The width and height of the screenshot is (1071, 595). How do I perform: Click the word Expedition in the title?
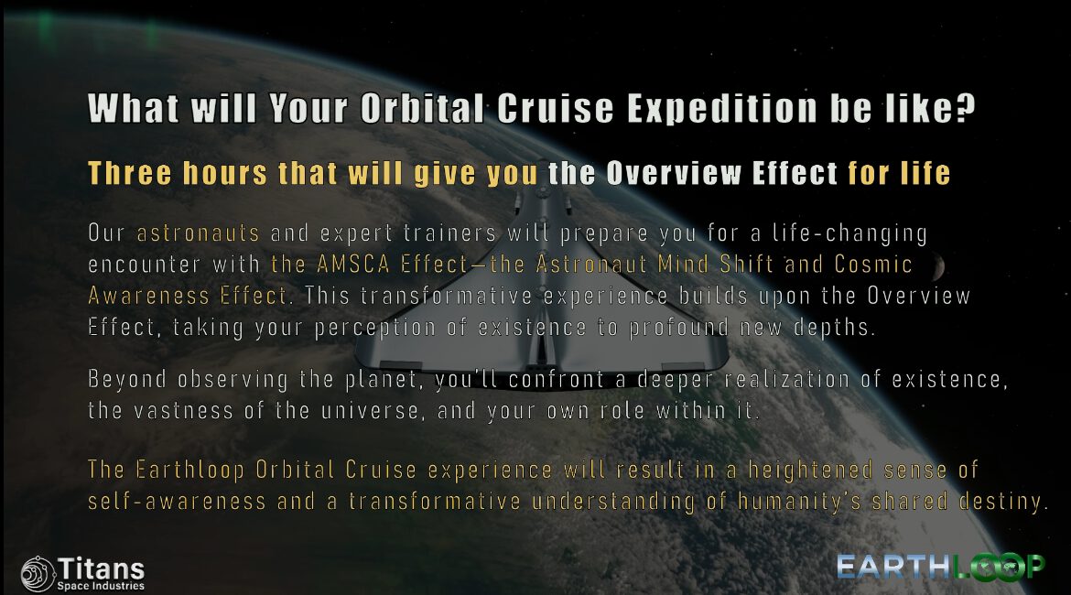[721, 109]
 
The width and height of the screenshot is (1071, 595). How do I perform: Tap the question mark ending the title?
[965, 107]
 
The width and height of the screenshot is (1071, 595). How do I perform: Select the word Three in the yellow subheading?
[130, 173]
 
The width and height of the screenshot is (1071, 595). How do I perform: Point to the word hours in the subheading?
[224, 173]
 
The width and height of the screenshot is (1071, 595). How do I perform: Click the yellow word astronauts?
[198, 233]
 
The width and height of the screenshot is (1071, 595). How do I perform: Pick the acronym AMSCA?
[353, 264]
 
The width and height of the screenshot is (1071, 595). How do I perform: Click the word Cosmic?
[873, 264]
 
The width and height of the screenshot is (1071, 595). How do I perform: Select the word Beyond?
[127, 379]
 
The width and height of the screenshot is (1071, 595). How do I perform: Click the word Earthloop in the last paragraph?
[189, 470]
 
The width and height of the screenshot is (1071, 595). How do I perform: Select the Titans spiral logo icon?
[38, 573]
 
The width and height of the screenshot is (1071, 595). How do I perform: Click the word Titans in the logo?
[101, 568]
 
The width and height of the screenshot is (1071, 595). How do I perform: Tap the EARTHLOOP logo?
[940, 567]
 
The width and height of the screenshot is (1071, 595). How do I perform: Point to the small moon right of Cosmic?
[937, 267]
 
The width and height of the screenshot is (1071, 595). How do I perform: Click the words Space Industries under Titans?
[101, 586]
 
